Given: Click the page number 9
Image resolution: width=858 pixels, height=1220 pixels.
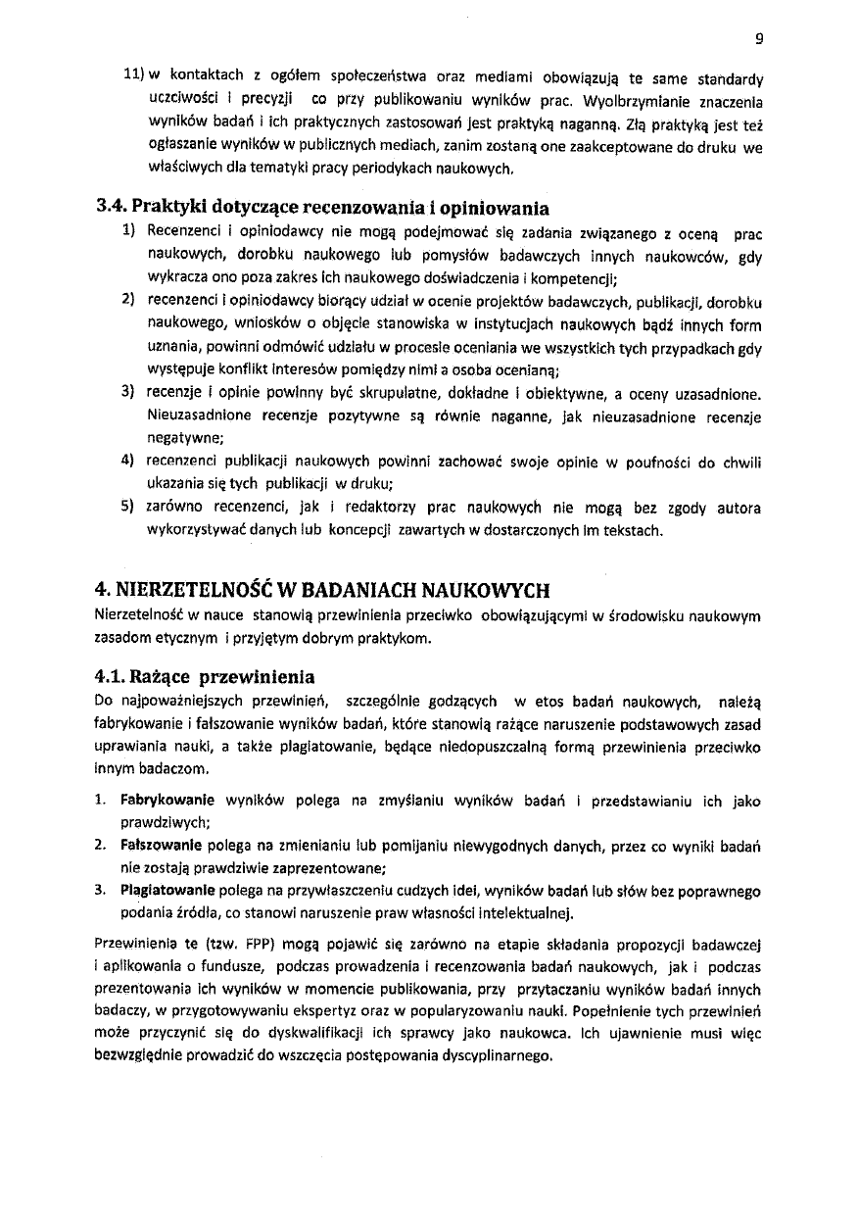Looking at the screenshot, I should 759,40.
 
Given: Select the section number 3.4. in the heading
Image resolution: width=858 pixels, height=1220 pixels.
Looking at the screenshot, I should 114,208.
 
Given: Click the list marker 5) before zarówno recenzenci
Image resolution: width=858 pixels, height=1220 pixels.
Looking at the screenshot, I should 127,508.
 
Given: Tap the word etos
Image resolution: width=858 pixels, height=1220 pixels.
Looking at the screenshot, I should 553,701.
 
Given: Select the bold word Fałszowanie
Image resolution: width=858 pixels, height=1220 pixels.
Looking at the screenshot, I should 157,845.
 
